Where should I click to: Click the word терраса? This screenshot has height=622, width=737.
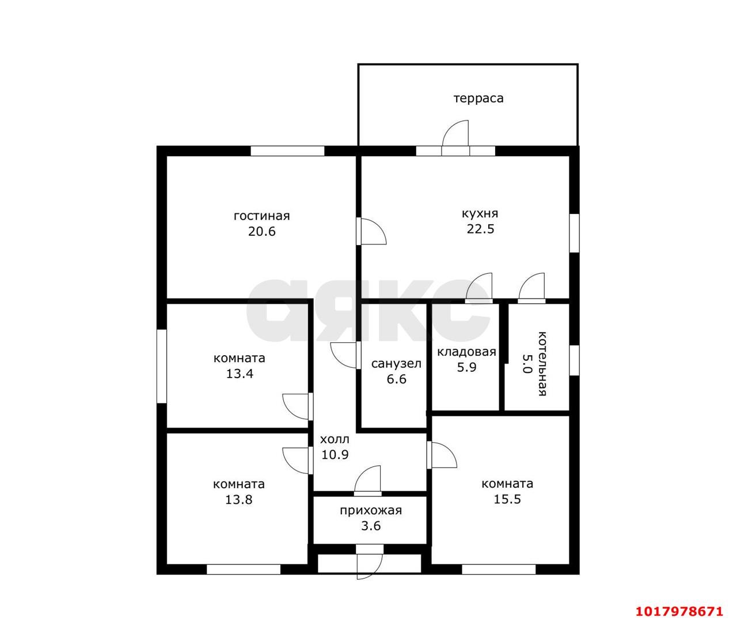point(478,98)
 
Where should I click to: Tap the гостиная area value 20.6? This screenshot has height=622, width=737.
point(261,232)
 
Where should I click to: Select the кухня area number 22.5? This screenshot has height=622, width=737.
point(480,229)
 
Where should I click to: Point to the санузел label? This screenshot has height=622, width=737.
point(396,364)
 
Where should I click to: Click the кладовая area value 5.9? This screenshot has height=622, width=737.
point(466,367)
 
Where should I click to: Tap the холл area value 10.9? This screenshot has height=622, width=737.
point(335,454)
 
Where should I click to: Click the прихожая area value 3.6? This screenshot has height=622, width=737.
point(371,526)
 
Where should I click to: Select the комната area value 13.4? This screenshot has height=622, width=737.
point(240,374)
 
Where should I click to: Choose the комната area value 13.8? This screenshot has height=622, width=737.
point(239,500)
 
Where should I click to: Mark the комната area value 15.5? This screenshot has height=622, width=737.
point(507,499)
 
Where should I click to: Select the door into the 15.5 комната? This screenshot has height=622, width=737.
point(442,455)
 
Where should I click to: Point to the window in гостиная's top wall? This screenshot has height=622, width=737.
point(287,151)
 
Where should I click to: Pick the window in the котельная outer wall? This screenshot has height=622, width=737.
point(574,360)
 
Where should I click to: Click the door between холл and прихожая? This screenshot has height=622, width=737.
point(368,480)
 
